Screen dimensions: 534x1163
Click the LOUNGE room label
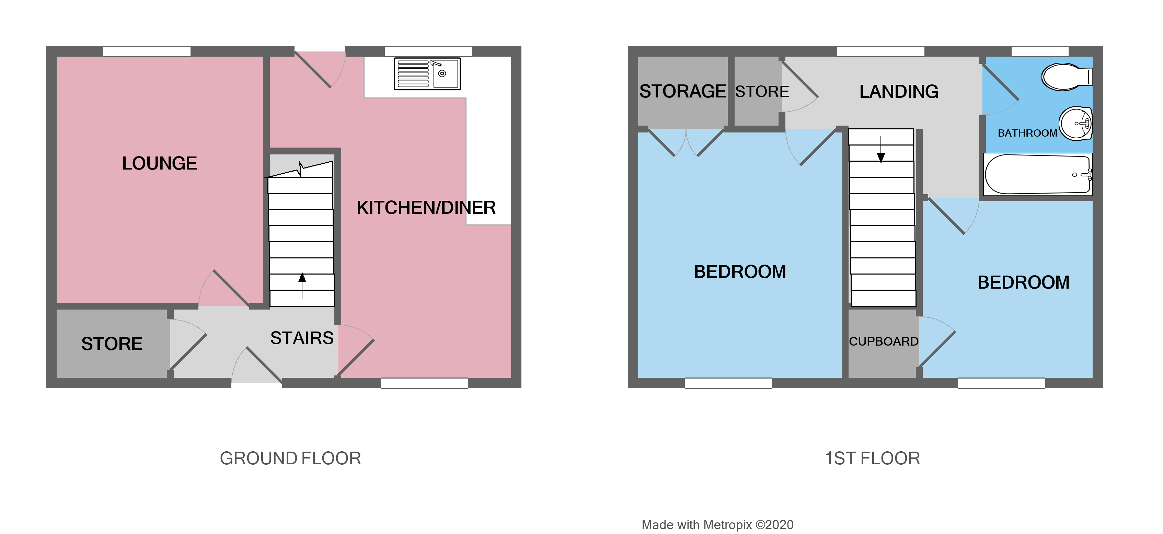159,163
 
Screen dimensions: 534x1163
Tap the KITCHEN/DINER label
426,208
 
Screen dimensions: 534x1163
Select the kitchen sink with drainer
427,73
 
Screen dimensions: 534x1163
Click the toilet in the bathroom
1066,77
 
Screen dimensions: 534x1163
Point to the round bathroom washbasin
1076,124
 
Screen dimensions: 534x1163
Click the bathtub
1037,174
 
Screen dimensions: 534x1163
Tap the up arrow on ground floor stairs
302,285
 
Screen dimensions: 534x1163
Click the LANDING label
898,92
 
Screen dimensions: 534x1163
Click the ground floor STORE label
112,344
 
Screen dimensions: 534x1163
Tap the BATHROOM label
1027,133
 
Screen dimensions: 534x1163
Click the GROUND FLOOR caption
290,458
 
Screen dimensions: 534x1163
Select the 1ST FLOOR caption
872,458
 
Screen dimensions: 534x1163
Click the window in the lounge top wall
147,51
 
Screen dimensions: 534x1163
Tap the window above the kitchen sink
428,51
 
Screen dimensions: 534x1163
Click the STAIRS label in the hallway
302,338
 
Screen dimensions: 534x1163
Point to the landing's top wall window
880,51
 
